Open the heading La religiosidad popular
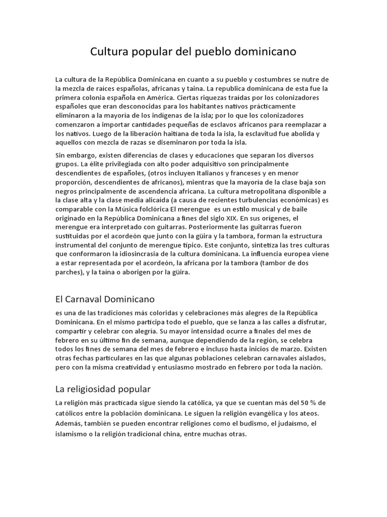pyautogui.click(x=103, y=389)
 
